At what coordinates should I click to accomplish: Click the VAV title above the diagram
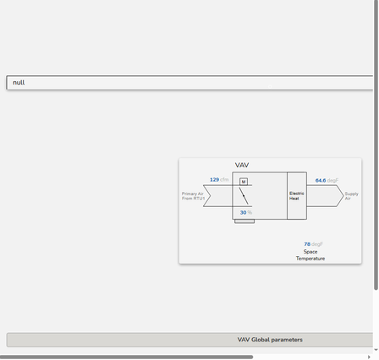point(242,165)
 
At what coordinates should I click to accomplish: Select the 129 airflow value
point(214,180)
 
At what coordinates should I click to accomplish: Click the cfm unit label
point(224,180)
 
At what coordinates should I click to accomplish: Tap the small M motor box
point(244,182)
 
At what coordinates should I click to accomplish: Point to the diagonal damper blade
point(244,196)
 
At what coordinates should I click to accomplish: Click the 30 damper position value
point(243,213)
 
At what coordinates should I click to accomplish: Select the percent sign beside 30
point(250,213)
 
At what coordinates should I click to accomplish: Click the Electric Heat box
point(297,196)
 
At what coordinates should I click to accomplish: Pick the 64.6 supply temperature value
point(321,181)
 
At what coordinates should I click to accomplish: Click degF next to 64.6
point(332,181)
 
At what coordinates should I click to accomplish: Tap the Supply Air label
point(351,196)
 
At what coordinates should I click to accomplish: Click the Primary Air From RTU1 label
point(193,196)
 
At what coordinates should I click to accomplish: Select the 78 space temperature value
point(307,244)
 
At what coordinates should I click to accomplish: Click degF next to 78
point(317,244)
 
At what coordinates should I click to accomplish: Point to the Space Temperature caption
point(310,255)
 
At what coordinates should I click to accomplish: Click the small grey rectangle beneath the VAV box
point(244,221)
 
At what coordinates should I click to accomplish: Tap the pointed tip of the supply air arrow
point(343,195)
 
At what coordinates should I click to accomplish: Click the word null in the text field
point(19,83)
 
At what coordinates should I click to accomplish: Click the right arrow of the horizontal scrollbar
point(369,357)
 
